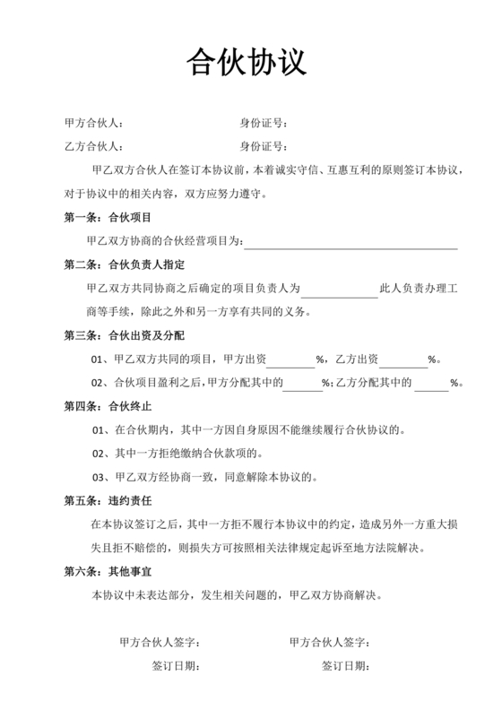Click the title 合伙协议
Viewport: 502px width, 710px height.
tap(247, 62)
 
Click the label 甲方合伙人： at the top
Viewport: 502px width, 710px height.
tap(94, 123)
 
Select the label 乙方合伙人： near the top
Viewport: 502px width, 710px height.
tap(94, 146)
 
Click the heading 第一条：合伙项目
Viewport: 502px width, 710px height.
tap(108, 217)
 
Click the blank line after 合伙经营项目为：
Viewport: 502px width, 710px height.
tap(351, 242)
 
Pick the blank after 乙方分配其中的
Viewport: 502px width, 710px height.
tap(431, 383)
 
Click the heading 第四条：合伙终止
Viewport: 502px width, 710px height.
tap(108, 405)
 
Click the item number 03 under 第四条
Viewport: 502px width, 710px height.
tap(100, 475)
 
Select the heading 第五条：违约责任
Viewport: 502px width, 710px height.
tap(108, 499)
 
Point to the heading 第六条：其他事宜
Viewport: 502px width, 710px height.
tap(108, 570)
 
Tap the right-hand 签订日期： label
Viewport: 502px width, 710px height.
tap(345, 666)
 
